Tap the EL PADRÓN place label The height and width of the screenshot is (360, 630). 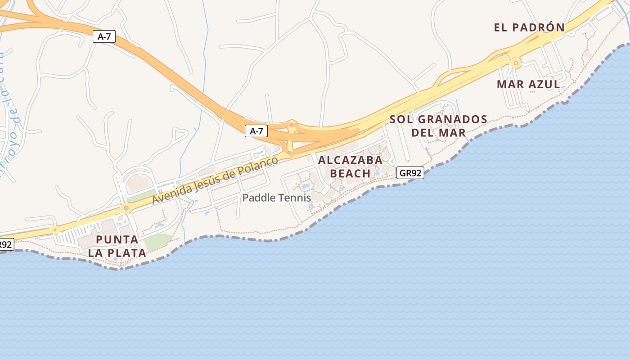point(529,27)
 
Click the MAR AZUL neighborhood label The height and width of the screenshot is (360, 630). point(528,84)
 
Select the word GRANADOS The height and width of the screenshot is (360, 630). point(452,119)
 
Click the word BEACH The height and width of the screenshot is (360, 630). point(350,173)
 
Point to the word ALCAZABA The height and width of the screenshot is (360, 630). point(350,160)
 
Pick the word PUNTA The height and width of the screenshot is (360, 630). point(117,239)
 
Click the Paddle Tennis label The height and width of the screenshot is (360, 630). point(277,198)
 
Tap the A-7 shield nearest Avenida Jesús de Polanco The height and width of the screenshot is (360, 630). point(256,131)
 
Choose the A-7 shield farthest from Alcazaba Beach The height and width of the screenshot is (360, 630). point(104,36)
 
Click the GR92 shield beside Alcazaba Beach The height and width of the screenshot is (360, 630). point(410,173)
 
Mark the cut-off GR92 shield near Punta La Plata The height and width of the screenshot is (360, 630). point(6,244)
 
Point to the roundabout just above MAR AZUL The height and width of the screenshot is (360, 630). point(516,64)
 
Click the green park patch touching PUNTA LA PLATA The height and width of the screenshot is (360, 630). point(157,242)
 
